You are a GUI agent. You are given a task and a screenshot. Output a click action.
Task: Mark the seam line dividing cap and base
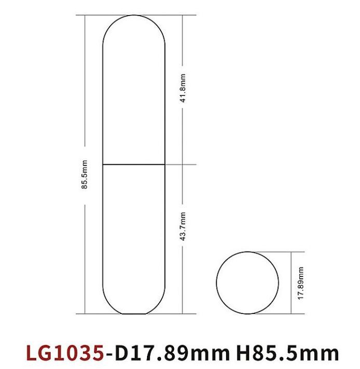point(134,165)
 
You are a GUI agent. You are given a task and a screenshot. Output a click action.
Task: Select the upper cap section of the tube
point(134,94)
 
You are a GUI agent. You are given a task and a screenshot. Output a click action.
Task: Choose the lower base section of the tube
point(134,234)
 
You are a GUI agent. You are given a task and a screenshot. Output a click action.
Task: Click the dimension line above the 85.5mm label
point(85,83)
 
